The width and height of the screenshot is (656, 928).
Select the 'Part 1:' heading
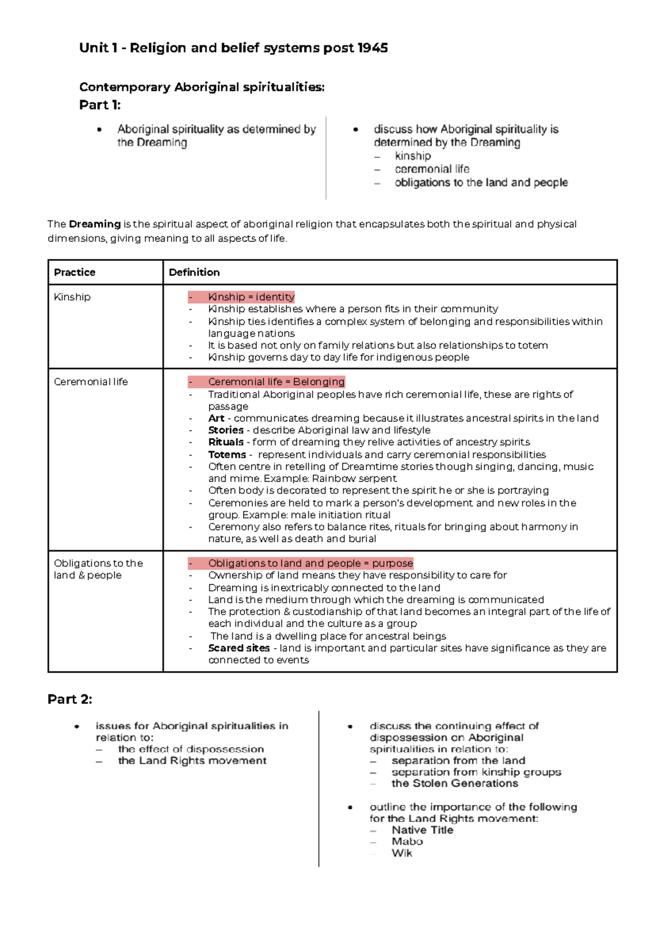tap(99, 105)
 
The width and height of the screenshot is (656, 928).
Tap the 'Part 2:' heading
tap(69, 699)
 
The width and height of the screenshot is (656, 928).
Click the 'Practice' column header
tap(74, 272)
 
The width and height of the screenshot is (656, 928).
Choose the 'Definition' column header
tap(194, 272)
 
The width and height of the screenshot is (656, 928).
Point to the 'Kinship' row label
tap(72, 297)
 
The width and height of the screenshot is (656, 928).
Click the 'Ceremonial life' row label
tap(91, 382)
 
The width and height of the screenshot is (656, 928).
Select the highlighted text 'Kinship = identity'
tap(251, 297)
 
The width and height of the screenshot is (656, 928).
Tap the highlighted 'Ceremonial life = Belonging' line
tap(276, 382)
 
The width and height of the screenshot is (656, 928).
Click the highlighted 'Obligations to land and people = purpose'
tap(310, 563)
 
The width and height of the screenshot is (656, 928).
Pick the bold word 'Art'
tap(216, 418)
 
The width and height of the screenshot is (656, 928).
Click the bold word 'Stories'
tap(226, 430)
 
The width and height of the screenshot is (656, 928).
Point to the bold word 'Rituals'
tap(226, 442)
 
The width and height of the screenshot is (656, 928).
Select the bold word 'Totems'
tap(227, 455)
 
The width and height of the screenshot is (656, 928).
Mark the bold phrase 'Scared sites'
tap(239, 648)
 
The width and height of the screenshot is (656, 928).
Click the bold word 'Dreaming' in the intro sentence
tap(95, 224)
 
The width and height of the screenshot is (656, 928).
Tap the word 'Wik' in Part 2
tap(402, 853)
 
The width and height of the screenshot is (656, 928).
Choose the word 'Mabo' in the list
tap(407, 842)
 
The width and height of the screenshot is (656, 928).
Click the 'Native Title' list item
tap(422, 830)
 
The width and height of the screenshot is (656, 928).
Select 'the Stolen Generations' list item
tap(454, 784)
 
